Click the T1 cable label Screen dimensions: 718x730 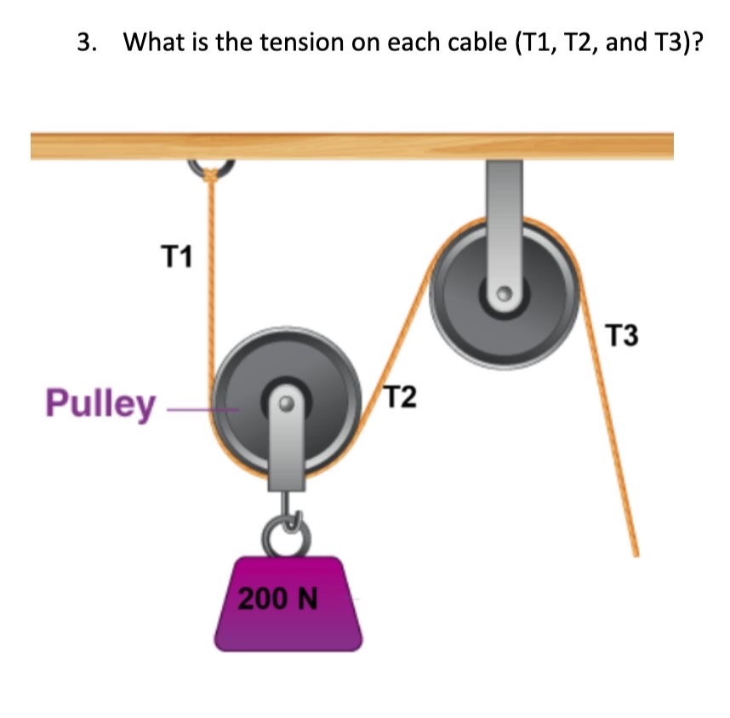tap(178, 254)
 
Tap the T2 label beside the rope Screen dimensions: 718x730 tap(400, 396)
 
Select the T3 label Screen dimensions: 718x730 tap(622, 337)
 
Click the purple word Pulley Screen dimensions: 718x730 tap(101, 403)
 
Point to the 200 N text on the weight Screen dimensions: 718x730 tap(277, 599)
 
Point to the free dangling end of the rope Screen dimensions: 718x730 tap(634, 551)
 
